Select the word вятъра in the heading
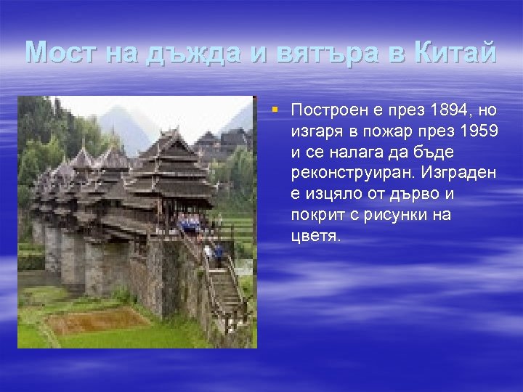point(329,53)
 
